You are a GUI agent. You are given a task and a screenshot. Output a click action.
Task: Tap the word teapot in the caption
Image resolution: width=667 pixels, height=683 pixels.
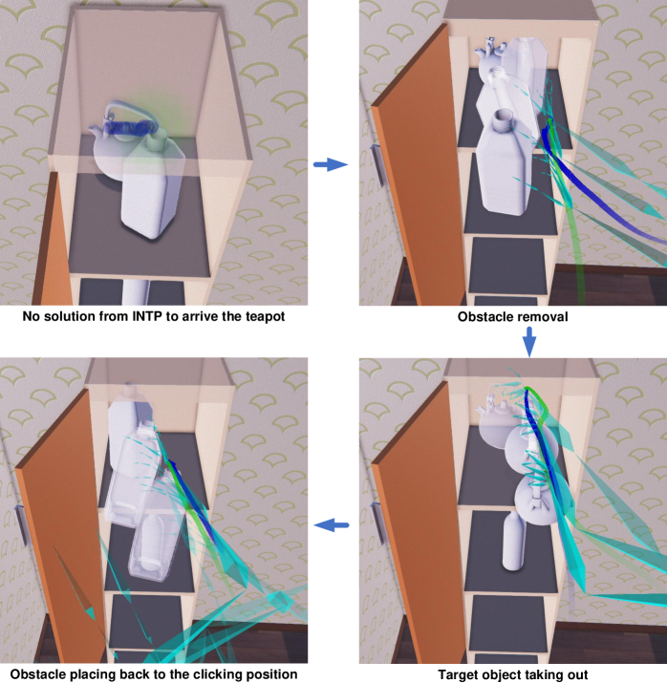[264, 316]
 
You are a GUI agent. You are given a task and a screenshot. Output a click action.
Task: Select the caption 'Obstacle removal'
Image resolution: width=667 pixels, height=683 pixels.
[512, 316]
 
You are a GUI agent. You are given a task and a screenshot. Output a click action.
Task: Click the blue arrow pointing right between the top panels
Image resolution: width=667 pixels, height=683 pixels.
[331, 164]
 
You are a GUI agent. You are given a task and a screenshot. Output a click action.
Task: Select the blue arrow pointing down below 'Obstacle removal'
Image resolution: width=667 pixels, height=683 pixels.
[528, 342]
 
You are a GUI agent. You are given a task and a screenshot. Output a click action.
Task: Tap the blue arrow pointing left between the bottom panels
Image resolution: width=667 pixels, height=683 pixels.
[331, 524]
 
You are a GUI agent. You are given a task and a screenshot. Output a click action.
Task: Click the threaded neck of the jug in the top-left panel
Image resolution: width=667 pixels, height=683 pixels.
[158, 139]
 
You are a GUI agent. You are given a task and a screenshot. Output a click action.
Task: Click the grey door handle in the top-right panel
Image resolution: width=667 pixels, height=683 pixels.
[377, 164]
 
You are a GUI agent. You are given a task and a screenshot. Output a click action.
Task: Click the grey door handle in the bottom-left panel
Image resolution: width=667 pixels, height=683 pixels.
[22, 524]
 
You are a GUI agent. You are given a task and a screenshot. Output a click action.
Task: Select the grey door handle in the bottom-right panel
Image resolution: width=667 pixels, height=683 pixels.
[377, 523]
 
